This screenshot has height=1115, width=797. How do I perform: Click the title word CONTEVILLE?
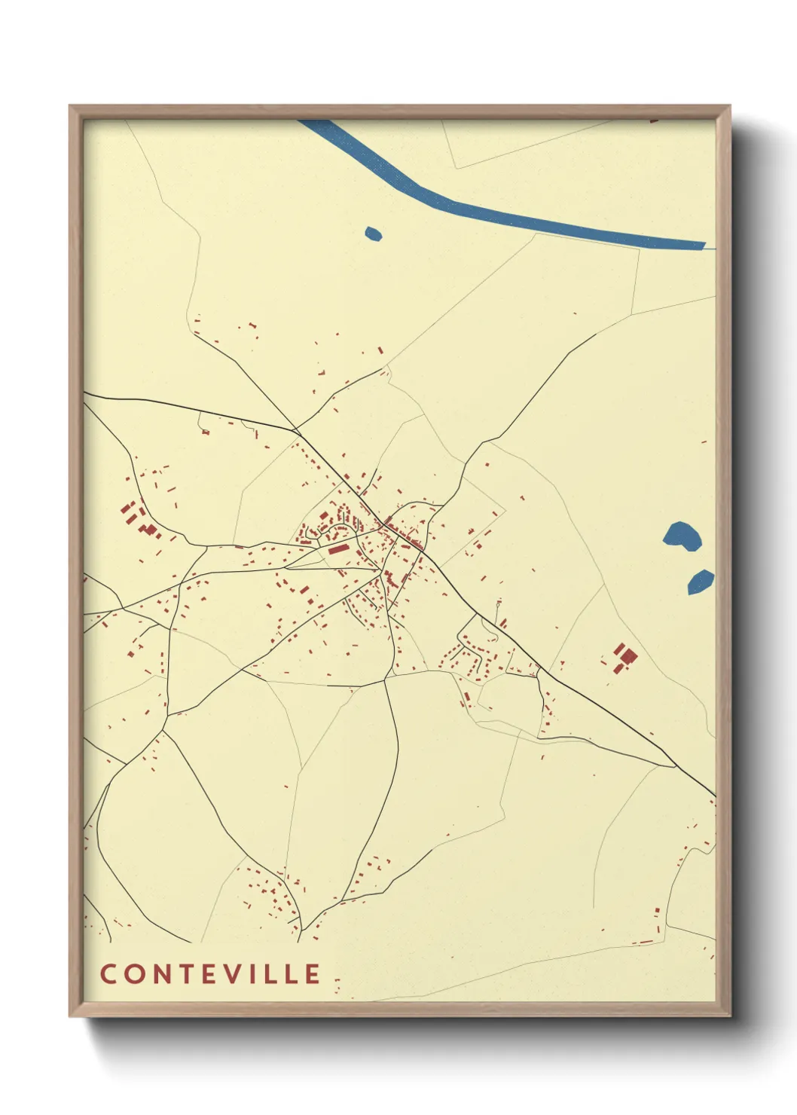pyautogui.click(x=210, y=973)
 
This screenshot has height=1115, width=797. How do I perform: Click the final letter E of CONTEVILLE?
pyautogui.click(x=313, y=973)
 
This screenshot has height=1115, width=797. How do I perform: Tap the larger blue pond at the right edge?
pyautogui.click(x=682, y=536)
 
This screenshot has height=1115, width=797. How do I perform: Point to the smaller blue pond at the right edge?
pyautogui.click(x=700, y=582)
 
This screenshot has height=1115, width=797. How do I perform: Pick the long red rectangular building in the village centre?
pyautogui.click(x=338, y=549)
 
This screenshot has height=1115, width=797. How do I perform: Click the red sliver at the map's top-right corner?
pyautogui.click(x=653, y=119)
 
